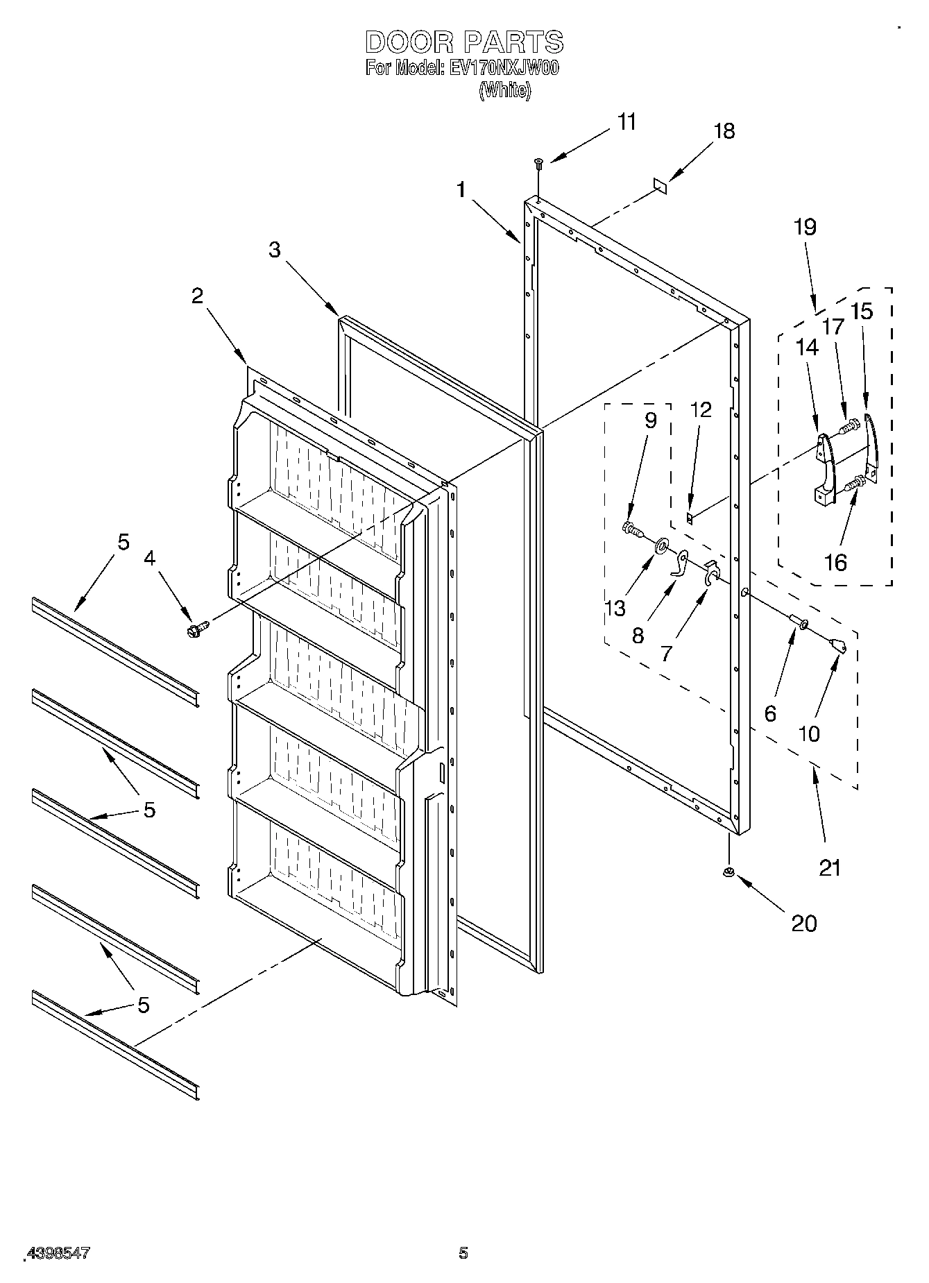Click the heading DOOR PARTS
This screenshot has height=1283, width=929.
(463, 42)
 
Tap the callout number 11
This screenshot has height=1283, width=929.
(627, 122)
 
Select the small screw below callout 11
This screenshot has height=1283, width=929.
(538, 162)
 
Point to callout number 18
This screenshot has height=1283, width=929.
(724, 131)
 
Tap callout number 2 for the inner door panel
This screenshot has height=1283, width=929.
(198, 296)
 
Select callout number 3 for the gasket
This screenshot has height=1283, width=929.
(275, 250)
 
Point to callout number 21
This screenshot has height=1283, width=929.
(830, 867)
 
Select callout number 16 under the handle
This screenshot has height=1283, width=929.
(835, 562)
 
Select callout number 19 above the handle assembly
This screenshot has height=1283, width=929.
(805, 227)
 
